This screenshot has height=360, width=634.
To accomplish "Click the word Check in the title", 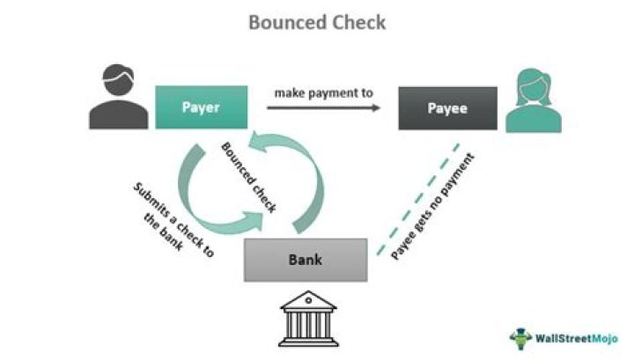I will [x=357, y=22].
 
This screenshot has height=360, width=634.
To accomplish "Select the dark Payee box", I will [x=446, y=109].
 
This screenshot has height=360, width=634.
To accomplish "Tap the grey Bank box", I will [x=305, y=260].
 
